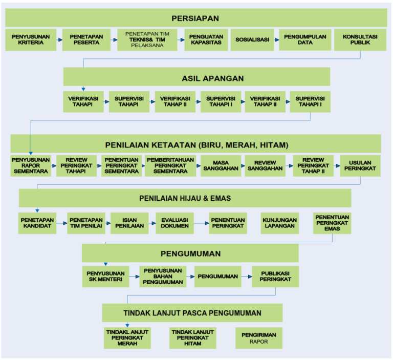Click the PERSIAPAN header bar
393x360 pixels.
[196, 18]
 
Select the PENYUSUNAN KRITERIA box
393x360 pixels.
[31, 40]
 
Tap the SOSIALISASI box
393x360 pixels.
[252, 40]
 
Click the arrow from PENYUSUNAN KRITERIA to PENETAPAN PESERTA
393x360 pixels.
[59, 40]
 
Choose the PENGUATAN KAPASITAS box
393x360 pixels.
[206, 40]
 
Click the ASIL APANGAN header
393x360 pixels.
[196, 77]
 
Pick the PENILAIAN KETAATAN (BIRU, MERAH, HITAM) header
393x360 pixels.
[196, 144]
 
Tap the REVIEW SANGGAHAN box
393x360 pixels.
[265, 166]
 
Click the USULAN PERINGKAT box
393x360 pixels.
[360, 166]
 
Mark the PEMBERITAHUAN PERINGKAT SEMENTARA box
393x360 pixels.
[170, 166]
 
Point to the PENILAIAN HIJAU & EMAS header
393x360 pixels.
[185, 198]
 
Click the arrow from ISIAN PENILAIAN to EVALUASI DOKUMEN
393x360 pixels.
[152, 223]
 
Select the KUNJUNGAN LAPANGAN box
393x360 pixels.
[280, 223]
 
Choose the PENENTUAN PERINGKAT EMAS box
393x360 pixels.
[332, 223]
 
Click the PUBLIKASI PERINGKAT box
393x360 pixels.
[275, 277]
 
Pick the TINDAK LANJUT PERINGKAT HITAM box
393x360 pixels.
[192, 338]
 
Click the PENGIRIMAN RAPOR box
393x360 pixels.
[258, 338]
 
